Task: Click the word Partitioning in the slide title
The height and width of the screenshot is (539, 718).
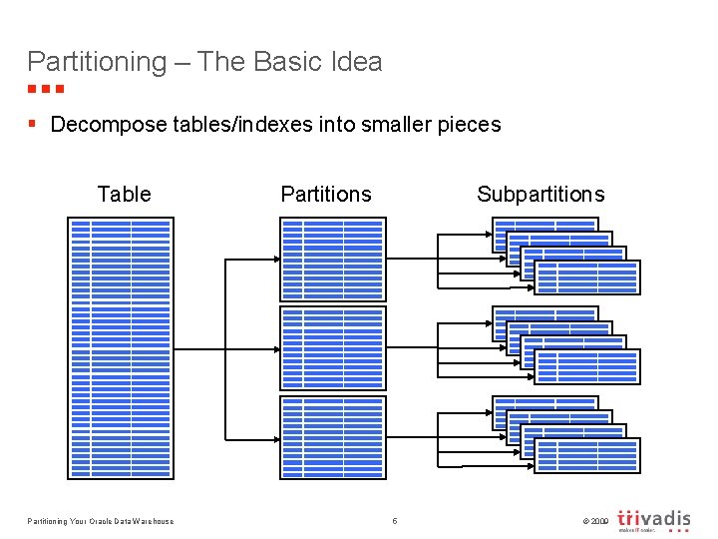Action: (97, 62)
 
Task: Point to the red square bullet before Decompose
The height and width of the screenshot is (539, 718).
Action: (33, 124)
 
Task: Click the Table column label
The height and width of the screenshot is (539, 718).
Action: (124, 194)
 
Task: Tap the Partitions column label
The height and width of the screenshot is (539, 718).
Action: (326, 194)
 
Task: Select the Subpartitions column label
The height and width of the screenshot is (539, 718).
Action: (540, 194)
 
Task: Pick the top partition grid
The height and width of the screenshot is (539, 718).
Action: (332, 259)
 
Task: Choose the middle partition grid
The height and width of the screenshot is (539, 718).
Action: (332, 348)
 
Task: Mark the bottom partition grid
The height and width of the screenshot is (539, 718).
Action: (332, 437)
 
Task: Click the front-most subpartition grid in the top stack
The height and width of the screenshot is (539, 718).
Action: (587, 277)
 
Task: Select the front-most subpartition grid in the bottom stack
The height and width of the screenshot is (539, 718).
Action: (587, 456)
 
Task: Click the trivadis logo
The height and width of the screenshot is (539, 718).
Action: (653, 520)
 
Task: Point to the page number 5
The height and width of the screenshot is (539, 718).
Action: (395, 521)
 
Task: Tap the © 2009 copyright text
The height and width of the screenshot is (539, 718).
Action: (591, 521)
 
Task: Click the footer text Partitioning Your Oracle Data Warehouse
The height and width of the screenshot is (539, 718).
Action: (100, 521)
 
